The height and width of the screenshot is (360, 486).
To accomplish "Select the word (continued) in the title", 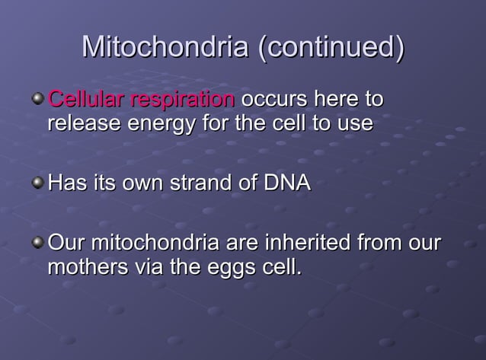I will [x=330, y=47].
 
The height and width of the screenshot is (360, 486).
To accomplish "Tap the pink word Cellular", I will [x=86, y=100].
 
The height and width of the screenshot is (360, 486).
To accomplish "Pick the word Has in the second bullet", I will [x=66, y=183].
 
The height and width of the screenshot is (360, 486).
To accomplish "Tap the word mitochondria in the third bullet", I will [x=155, y=244].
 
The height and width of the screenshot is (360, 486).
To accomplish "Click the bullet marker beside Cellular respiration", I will [x=37, y=99].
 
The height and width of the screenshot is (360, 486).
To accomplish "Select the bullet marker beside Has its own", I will [x=37, y=183].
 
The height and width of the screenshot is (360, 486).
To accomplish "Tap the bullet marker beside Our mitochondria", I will [x=37, y=244].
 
